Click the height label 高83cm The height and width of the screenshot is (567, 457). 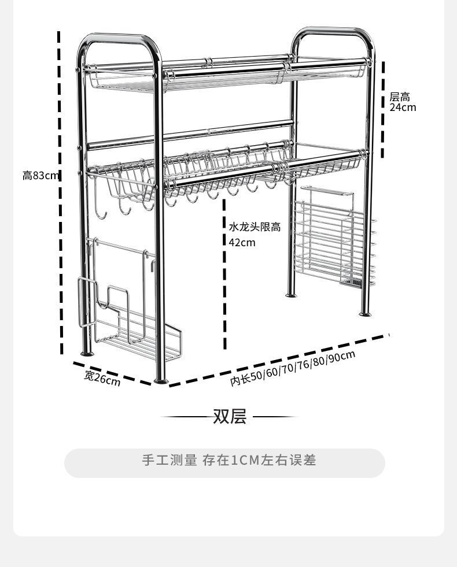pyautogui.click(x=40, y=175)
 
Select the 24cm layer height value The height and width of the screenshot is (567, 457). pyautogui.click(x=402, y=108)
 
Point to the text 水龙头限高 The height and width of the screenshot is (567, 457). pyautogui.click(x=255, y=227)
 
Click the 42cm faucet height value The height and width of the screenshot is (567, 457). pyautogui.click(x=242, y=242)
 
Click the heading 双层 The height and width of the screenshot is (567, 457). pyautogui.click(x=230, y=416)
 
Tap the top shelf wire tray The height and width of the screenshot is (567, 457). pyautogui.click(x=226, y=78)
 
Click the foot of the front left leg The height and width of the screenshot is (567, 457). pyautogui.click(x=161, y=380)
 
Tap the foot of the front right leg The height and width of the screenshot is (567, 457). pyautogui.click(x=365, y=314)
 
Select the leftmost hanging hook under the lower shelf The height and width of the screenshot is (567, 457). pyautogui.click(x=101, y=211)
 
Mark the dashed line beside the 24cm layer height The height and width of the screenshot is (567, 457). pyautogui.click(x=382, y=110)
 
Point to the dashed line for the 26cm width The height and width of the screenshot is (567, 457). pyautogui.click(x=113, y=373)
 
